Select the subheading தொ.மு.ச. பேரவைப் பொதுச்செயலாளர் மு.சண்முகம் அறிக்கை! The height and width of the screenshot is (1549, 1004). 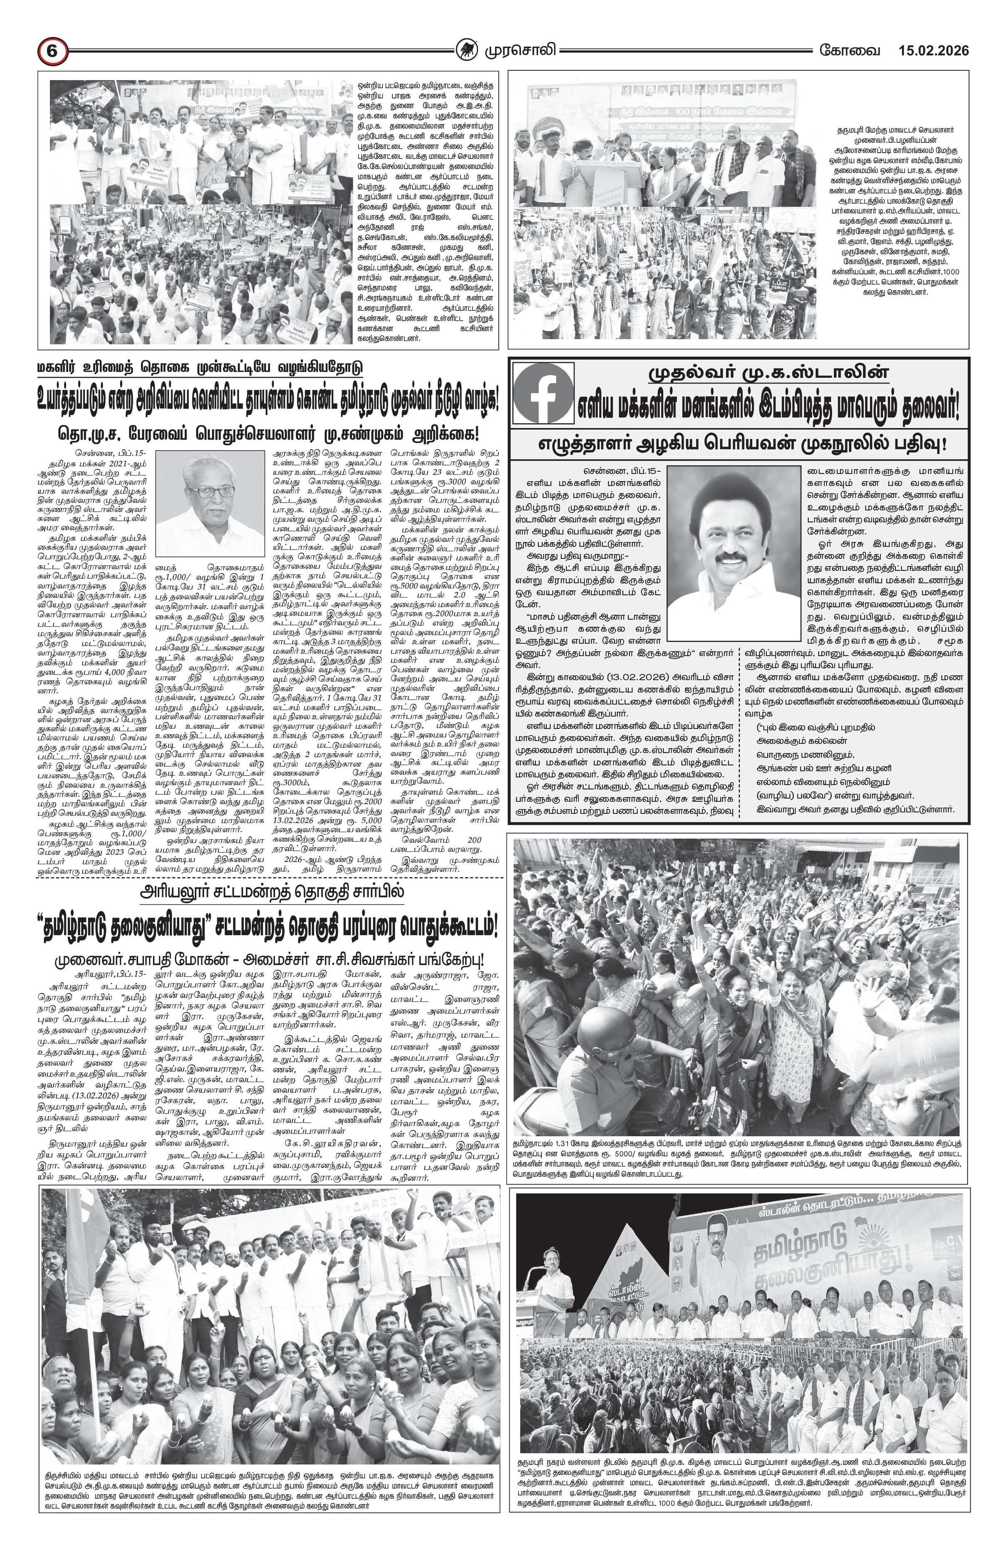click(268, 432)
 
